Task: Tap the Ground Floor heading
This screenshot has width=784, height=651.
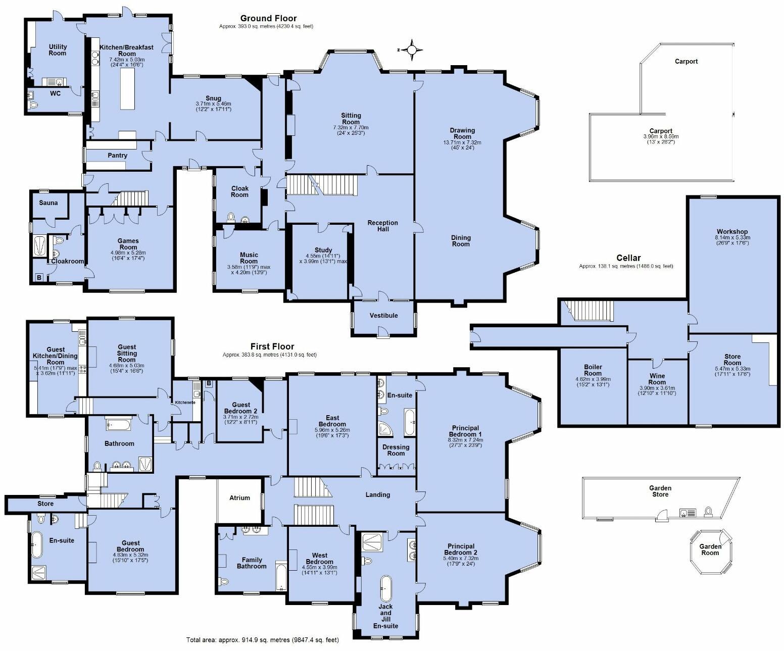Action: [x=268, y=19]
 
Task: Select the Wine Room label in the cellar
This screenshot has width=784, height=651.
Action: [x=657, y=379]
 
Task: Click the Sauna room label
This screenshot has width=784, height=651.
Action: [x=48, y=203]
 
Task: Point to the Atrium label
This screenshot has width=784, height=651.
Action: [x=239, y=497]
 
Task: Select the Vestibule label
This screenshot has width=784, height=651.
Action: [x=383, y=316]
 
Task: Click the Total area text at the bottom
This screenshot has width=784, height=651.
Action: [x=262, y=640]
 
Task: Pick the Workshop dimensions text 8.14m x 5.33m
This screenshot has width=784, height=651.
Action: [x=732, y=237]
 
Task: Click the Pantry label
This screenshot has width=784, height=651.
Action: [x=117, y=156]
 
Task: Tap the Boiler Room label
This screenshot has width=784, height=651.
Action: [x=593, y=370]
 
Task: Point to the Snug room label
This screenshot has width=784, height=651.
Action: [x=213, y=98]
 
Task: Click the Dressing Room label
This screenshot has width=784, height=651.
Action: [x=396, y=450]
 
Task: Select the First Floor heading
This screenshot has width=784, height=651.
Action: [x=272, y=346]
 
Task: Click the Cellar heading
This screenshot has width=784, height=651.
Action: [x=628, y=258]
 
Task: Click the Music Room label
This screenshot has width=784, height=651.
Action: [x=249, y=258]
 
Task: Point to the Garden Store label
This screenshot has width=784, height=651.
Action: [x=660, y=491]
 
